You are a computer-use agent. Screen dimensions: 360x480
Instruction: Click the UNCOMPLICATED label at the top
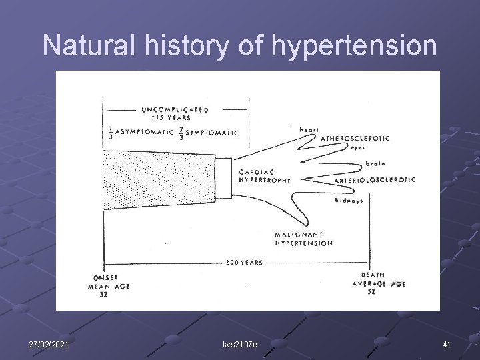pos(175,109)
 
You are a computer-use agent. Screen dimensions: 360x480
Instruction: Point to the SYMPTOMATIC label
pos(210,133)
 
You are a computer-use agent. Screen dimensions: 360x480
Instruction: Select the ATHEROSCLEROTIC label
pos(355,138)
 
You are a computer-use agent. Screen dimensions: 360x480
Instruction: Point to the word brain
pos(375,163)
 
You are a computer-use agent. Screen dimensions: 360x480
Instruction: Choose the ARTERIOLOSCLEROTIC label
pos(375,180)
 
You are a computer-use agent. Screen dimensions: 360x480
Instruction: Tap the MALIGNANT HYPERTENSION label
pos(303,239)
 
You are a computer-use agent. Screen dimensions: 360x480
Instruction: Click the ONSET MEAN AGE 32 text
pos(108,285)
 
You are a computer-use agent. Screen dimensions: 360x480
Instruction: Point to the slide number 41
pos(446,343)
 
